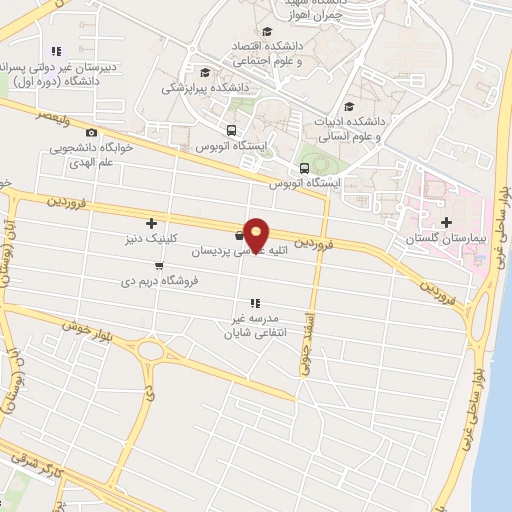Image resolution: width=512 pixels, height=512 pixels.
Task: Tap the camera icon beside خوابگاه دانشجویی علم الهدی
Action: pyautogui.click(x=92, y=133)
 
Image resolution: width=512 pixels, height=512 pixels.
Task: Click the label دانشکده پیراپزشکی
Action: pyautogui.click(x=208, y=87)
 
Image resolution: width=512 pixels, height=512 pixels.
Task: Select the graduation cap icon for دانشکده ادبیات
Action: pyautogui.click(x=349, y=107)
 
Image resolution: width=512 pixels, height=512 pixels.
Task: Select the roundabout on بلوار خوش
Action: pyautogui.click(x=150, y=351)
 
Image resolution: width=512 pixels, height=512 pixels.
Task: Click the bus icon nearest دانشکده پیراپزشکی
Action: pyautogui.click(x=232, y=130)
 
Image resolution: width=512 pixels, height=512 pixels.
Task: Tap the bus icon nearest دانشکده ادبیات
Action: pyautogui.click(x=304, y=167)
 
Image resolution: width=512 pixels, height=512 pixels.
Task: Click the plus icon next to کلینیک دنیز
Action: pyautogui.click(x=151, y=223)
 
